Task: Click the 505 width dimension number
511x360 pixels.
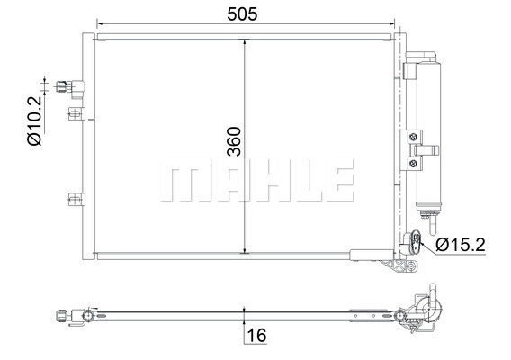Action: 242,14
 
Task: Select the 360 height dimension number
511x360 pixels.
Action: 234,141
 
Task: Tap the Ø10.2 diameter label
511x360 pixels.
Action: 34,121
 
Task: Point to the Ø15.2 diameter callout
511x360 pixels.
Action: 461,245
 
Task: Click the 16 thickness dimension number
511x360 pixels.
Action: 256,335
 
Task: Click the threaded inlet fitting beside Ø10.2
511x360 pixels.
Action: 64,86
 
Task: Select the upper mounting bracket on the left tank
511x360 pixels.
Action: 76,113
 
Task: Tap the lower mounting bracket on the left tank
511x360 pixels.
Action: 76,199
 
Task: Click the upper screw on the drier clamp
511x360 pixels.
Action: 413,137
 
